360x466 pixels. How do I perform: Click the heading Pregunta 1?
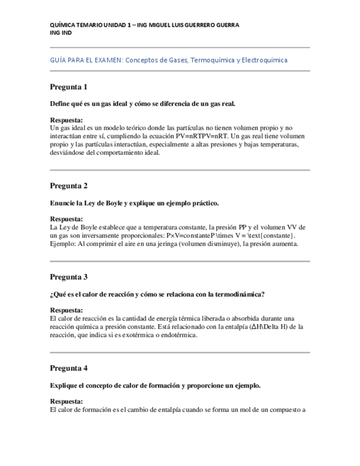point(69,87)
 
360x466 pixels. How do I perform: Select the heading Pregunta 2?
point(69,185)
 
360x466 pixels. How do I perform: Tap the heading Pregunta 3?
point(69,276)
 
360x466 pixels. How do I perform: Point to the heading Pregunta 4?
point(69,368)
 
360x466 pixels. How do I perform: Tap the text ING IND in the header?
point(60,32)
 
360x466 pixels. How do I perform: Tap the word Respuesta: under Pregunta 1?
point(67,120)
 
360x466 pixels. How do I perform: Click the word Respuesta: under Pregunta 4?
point(67,401)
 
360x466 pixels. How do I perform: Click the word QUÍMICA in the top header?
point(63,25)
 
